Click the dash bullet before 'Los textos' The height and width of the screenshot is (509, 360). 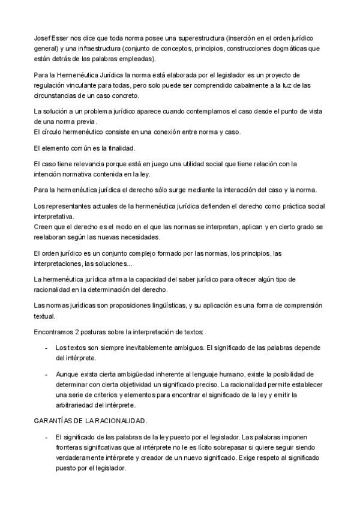(x=46, y=348)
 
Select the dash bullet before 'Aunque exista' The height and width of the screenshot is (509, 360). (x=46, y=373)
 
